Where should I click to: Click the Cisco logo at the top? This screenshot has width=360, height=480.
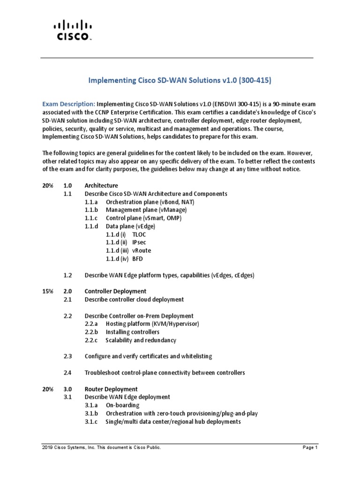click(72, 30)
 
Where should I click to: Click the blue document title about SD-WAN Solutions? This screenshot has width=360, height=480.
click(180, 81)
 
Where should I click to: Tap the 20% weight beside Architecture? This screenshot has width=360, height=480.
click(48, 185)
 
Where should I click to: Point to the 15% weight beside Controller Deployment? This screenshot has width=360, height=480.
click(48, 291)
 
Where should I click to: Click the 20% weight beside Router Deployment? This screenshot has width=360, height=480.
click(48, 389)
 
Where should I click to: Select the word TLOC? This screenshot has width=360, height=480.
click(139, 234)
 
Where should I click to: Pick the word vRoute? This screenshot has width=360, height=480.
click(142, 250)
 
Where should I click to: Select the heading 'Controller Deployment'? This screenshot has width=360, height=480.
click(115, 291)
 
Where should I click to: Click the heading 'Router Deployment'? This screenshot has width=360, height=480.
click(111, 389)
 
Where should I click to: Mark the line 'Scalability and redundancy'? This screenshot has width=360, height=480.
click(141, 340)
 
